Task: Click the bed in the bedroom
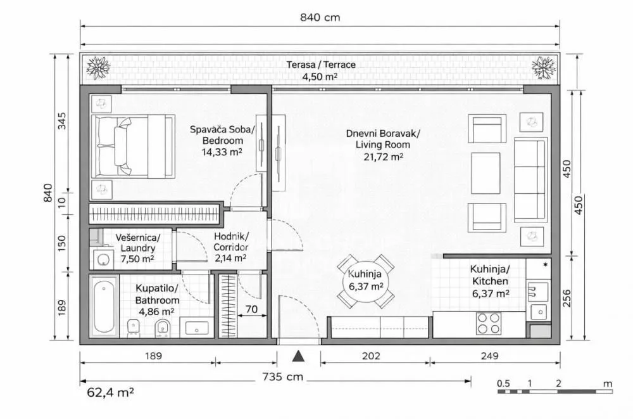pyautogui.click(x=134, y=146)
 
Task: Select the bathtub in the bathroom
pyautogui.click(x=103, y=307)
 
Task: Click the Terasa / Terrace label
pyautogui.click(x=320, y=65)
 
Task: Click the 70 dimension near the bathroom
pyautogui.click(x=251, y=311)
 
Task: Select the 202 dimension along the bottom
pyautogui.click(x=372, y=356)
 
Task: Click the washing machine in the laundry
pyautogui.click(x=101, y=259)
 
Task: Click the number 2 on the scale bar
pyautogui.click(x=558, y=384)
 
